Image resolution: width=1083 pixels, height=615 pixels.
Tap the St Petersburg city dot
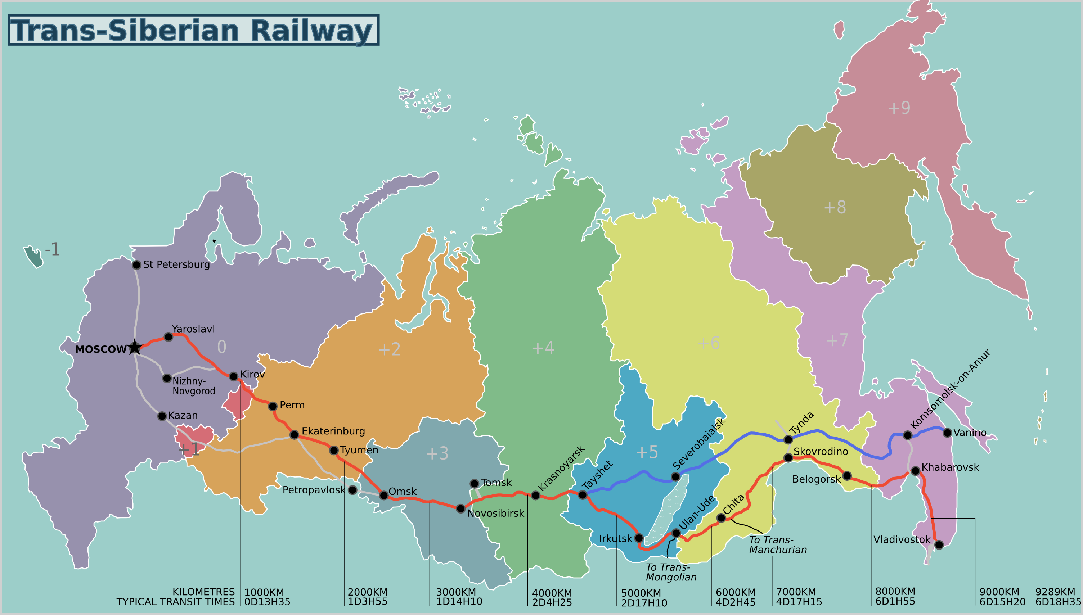coord(136,265)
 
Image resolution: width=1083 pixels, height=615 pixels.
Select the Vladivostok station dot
coord(939,545)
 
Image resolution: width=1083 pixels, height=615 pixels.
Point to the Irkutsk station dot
coord(639,538)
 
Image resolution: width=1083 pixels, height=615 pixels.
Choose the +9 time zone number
coord(899,108)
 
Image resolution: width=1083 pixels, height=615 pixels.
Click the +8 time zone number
coord(835,207)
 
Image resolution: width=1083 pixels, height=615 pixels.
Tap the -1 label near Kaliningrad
coord(52,249)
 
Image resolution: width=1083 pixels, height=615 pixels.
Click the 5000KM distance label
coord(641,593)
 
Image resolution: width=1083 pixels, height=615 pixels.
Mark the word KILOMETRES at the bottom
coord(203,592)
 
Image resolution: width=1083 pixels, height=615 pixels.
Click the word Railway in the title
coord(311,31)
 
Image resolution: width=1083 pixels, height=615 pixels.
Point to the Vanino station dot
coord(947,433)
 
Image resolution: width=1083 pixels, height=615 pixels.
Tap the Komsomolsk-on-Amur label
coord(950,389)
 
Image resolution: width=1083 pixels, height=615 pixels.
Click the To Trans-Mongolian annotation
coord(671,572)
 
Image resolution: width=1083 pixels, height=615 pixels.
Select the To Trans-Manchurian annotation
coord(777,545)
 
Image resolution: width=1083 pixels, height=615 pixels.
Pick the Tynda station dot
coord(788,440)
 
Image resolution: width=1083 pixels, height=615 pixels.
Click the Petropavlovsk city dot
coord(352,490)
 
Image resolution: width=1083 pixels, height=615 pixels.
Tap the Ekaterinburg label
coord(333,431)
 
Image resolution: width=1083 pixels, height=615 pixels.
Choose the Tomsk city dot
coord(474,483)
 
